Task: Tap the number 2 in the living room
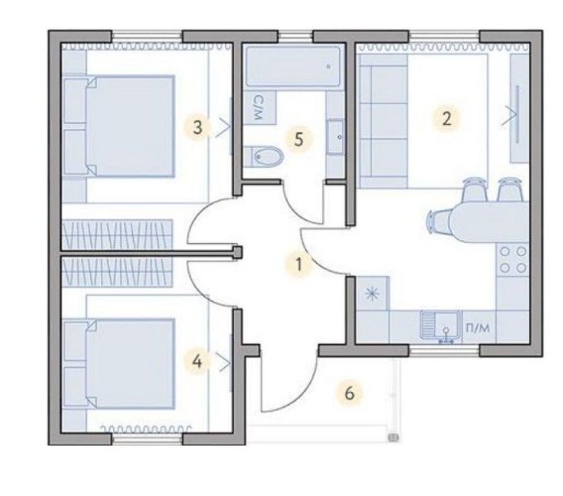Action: tap(446, 119)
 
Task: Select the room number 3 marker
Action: tap(198, 127)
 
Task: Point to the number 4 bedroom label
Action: tap(196, 361)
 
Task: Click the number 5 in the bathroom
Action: tap(299, 140)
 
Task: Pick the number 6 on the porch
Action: tap(349, 394)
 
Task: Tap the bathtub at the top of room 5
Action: tap(293, 66)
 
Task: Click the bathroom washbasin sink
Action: tap(335, 137)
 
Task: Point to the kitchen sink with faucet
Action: tap(441, 327)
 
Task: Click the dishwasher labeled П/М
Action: tap(478, 327)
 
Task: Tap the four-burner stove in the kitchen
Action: tap(512, 260)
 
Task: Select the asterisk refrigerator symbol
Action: tap(373, 293)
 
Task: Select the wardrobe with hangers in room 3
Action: tap(118, 234)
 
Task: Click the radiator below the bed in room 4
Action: tap(146, 429)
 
